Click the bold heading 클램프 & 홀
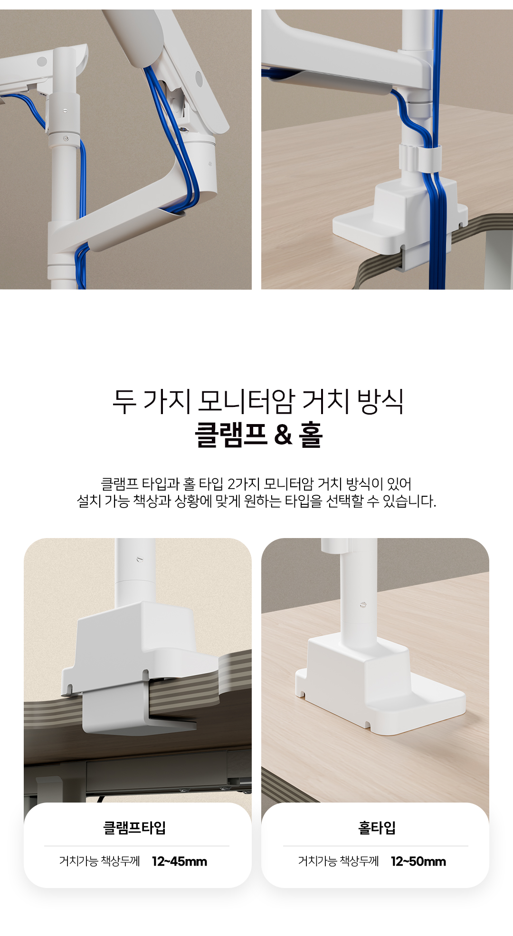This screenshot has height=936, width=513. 259,435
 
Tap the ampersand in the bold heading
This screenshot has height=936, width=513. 283,435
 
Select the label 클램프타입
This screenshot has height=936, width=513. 135,828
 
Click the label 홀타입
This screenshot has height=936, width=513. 377,828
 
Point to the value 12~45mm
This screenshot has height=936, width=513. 180,861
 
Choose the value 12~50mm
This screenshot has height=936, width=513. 418,861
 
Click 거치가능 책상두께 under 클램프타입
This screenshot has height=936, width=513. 100,861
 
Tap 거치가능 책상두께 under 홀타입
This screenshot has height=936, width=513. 339,861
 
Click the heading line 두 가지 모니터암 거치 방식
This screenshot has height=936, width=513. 258,401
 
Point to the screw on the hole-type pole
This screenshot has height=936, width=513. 363,605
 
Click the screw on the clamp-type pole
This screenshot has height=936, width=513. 139,559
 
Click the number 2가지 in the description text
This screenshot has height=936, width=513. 242,484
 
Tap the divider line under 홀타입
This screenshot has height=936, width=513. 376,846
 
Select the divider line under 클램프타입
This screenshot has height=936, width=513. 137,846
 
